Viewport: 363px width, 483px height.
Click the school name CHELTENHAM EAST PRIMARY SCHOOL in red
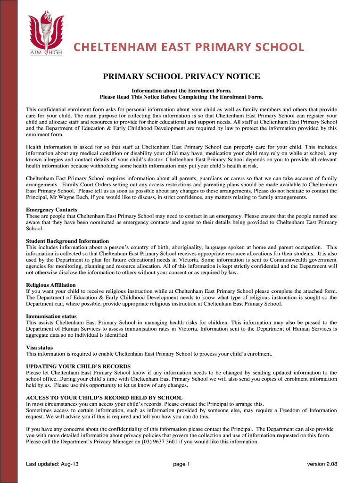coord(189,47)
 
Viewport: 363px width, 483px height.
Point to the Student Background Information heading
coord(67,241)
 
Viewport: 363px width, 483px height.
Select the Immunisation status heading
coord(51,316)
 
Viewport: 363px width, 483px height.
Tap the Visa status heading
coord(39,348)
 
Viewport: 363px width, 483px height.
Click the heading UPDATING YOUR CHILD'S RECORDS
coord(78,366)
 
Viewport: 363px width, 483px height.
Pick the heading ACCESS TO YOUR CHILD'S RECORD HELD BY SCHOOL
coord(104,398)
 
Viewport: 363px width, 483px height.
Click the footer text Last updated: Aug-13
coord(52,464)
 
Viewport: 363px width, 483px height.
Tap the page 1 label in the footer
coord(181,464)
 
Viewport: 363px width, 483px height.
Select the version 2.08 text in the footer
coord(322,464)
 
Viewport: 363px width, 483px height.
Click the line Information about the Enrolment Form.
coord(181,90)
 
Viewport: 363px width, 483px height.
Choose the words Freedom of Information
coord(306,410)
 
